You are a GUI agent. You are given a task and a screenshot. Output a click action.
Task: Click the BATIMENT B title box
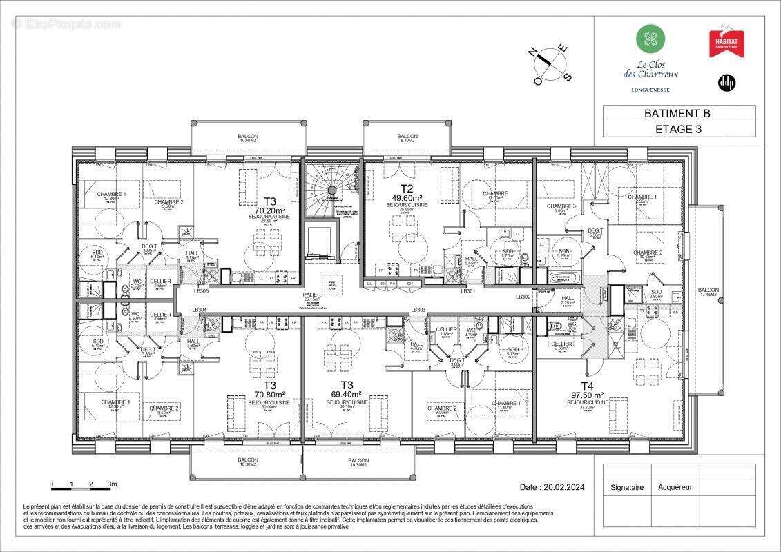[x=682, y=113]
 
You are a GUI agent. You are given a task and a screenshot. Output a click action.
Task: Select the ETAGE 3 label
[x=682, y=129]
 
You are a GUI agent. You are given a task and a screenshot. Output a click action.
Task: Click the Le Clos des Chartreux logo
[x=647, y=58]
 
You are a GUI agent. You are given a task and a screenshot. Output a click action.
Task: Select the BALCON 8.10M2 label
[x=407, y=139]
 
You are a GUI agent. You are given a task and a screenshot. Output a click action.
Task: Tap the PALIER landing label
[x=311, y=297]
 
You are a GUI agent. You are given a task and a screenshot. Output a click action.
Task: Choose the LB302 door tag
[x=523, y=297]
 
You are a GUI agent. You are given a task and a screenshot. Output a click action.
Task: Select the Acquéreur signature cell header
[x=675, y=487]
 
